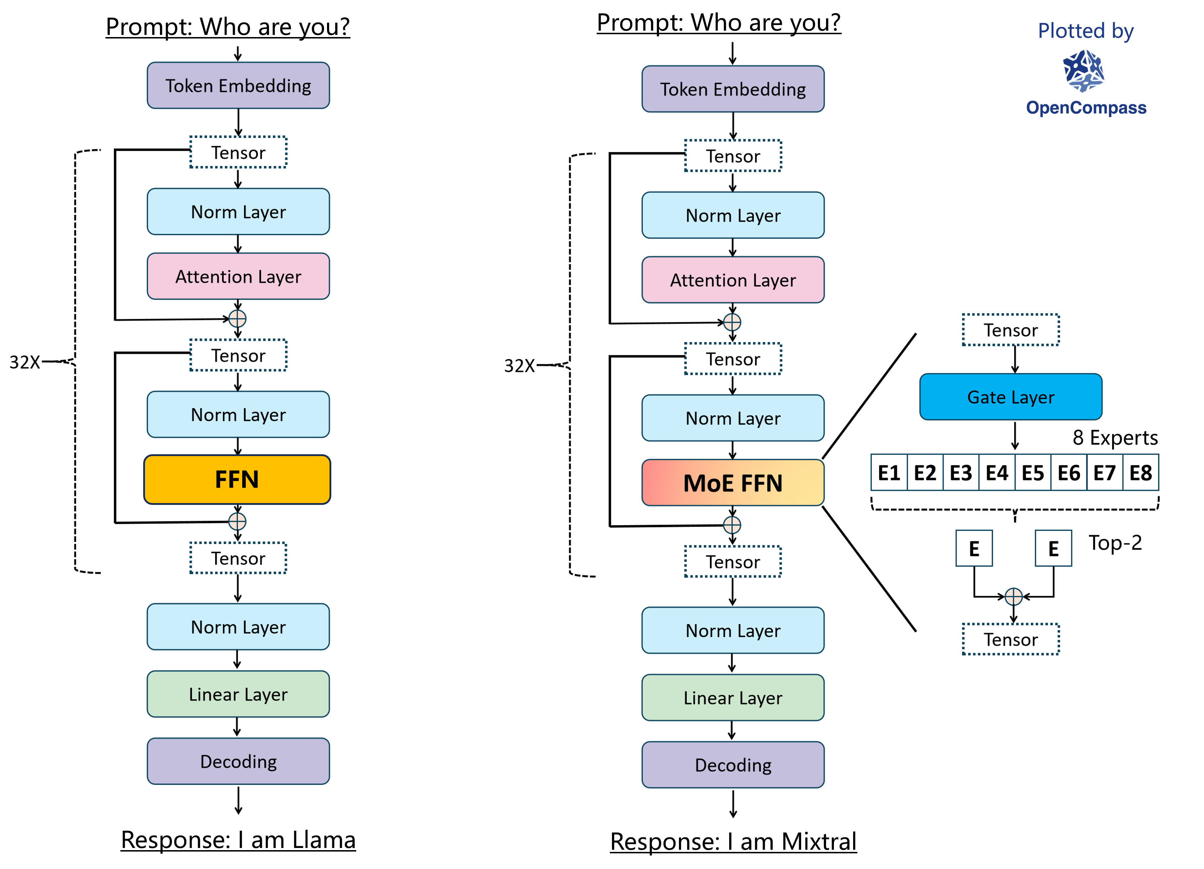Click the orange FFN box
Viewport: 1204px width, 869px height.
tap(237, 479)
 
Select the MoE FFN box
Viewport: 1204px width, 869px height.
tap(733, 482)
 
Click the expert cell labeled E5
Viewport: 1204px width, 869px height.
tap(1033, 472)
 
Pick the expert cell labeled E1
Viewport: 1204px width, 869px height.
tap(889, 472)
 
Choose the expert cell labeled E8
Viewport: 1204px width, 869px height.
tap(1140, 472)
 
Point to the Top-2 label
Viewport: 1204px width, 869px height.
tap(1115, 543)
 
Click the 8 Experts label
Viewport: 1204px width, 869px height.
tap(1115, 438)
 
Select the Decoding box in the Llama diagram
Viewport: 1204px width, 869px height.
tap(238, 761)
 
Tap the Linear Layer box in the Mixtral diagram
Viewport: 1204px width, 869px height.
tap(733, 698)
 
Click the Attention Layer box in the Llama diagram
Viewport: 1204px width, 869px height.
tap(238, 276)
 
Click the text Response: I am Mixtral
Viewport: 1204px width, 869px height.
tap(733, 842)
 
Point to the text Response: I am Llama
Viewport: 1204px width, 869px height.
tap(238, 840)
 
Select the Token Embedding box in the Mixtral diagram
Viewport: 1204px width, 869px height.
tap(733, 89)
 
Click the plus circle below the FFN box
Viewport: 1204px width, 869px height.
tap(237, 522)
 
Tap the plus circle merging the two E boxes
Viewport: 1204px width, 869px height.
tap(1013, 597)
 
